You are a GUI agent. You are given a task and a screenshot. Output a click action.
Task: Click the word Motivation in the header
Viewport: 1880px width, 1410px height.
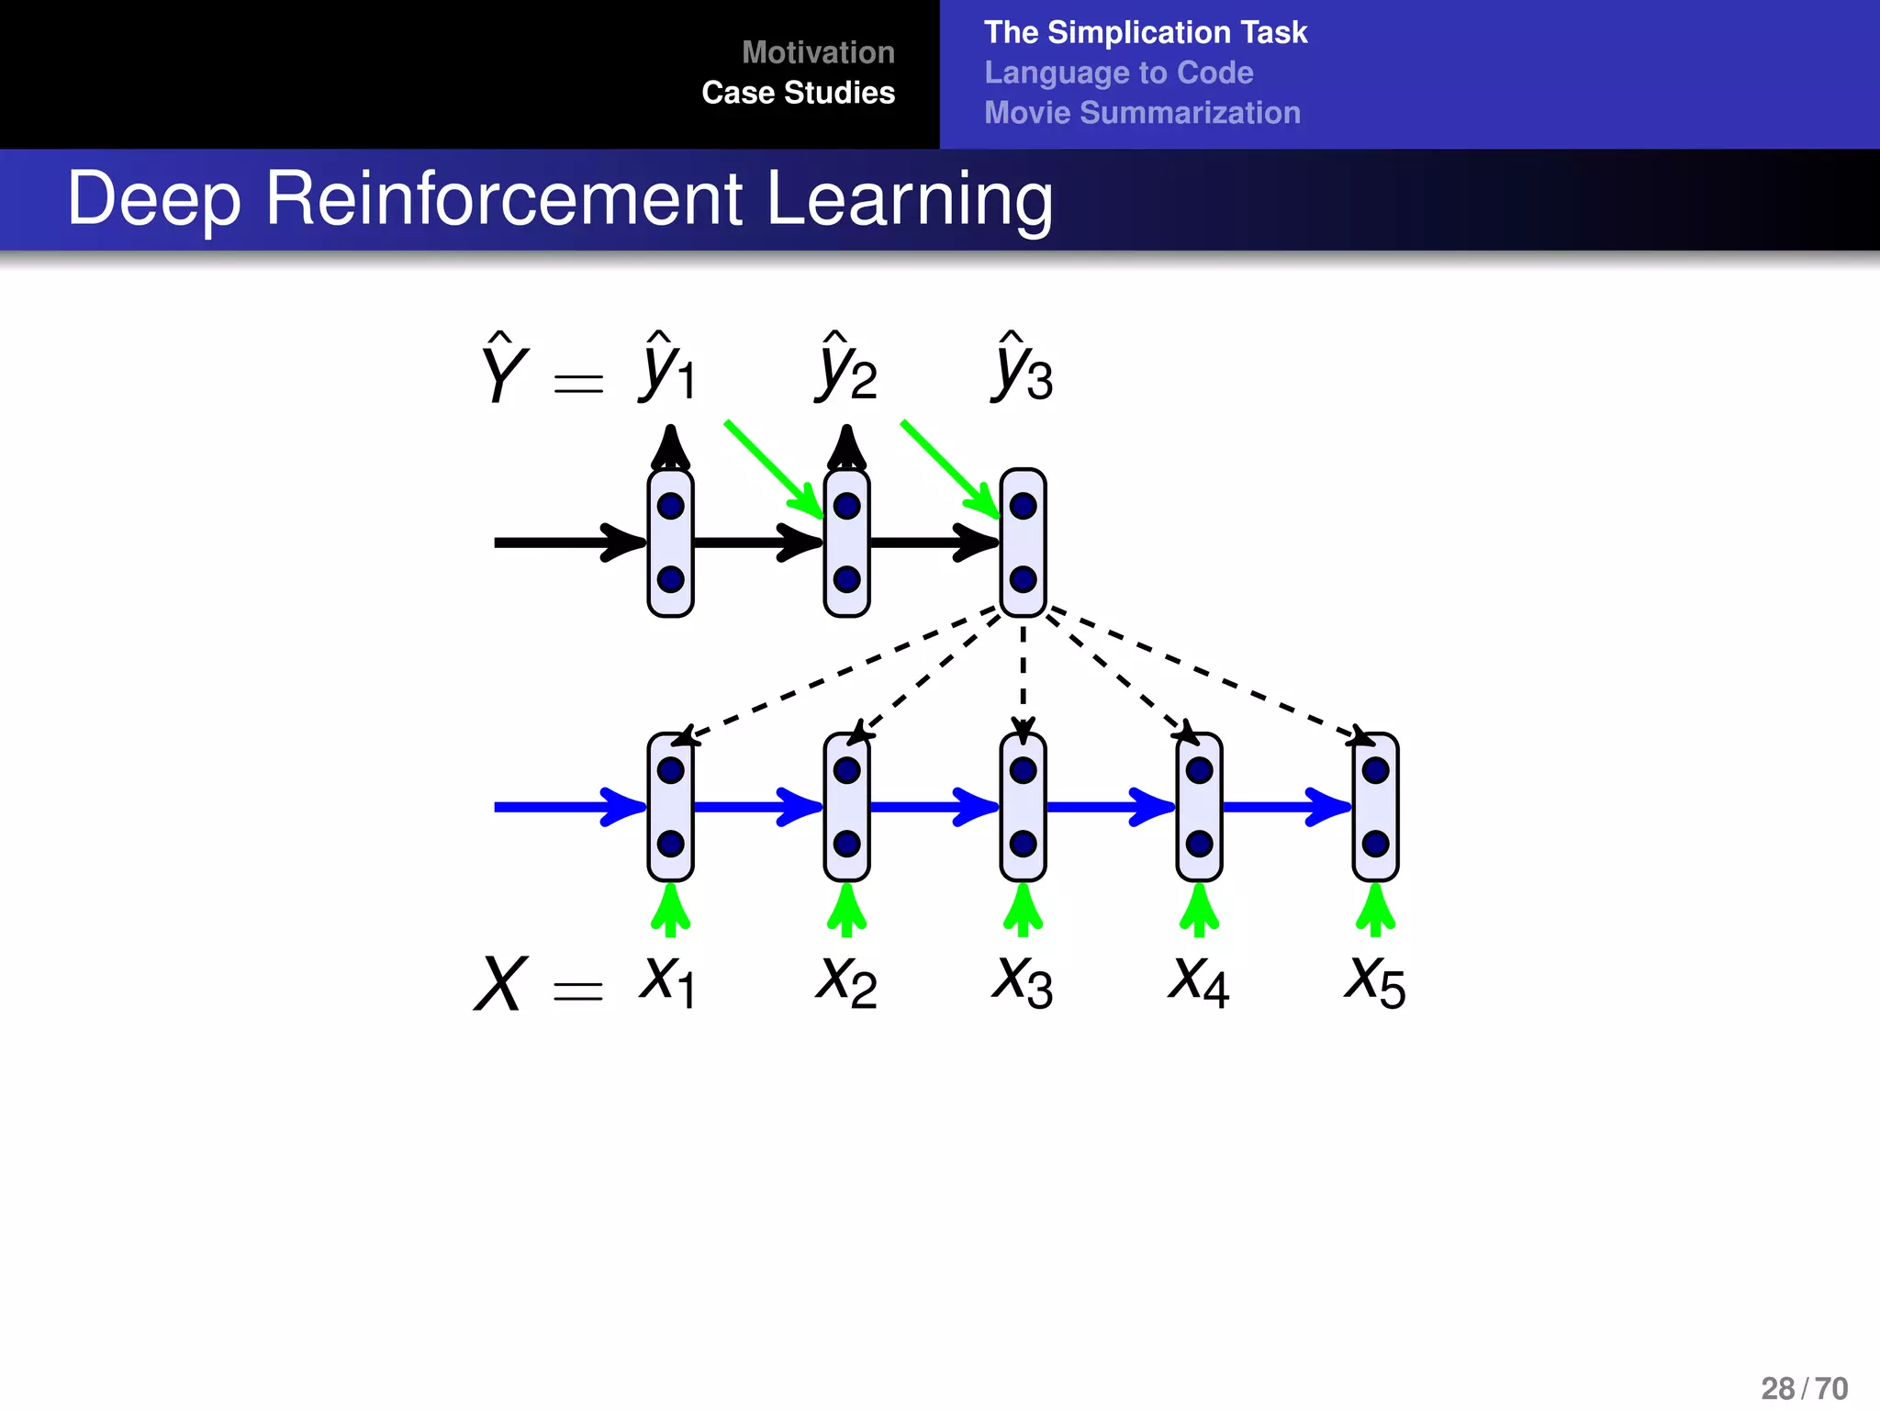click(x=818, y=52)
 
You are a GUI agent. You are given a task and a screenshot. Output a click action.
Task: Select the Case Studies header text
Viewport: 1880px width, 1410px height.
click(x=798, y=93)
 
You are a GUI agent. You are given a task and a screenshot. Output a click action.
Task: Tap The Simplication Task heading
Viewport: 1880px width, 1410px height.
click(x=1145, y=32)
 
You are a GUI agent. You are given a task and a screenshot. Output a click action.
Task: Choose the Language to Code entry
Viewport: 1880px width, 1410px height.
click(x=1118, y=73)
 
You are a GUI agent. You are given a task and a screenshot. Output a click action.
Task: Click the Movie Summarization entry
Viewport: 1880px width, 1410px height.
click(x=1142, y=113)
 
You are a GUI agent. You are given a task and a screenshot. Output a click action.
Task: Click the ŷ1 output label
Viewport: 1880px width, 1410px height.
click(x=668, y=369)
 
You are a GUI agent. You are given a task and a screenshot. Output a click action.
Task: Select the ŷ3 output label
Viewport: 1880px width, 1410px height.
click(x=1023, y=369)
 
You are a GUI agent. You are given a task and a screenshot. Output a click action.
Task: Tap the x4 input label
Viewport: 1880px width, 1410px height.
click(x=1198, y=981)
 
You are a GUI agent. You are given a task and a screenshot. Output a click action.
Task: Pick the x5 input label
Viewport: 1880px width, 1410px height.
click(x=1374, y=981)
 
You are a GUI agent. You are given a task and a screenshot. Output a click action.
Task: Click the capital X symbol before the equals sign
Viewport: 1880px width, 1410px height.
click(x=501, y=983)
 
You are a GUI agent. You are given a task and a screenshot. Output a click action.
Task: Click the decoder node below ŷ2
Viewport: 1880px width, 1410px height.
click(x=846, y=543)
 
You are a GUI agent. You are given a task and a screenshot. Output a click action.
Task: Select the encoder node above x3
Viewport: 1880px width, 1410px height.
click(x=1023, y=807)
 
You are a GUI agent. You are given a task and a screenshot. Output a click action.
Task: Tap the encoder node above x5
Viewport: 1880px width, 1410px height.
click(x=1375, y=807)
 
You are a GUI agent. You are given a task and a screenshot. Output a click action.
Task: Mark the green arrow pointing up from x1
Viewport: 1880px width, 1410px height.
click(x=670, y=910)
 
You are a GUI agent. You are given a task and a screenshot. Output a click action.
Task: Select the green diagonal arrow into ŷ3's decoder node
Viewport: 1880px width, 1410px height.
click(x=950, y=469)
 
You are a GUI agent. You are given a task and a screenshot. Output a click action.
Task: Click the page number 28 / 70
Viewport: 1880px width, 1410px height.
click(x=1804, y=1388)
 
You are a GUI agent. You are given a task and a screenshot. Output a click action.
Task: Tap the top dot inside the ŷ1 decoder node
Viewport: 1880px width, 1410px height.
click(x=670, y=506)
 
